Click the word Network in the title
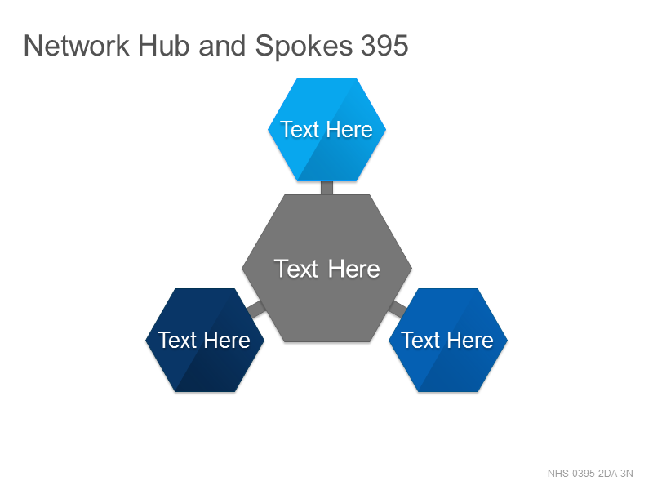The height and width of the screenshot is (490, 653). (x=77, y=46)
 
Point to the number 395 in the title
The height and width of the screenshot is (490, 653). (x=384, y=46)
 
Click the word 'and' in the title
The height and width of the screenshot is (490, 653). (x=222, y=46)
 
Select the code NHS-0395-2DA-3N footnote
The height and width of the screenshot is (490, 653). (x=590, y=474)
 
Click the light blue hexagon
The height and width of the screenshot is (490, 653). (x=327, y=129)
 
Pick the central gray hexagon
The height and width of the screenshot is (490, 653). (x=327, y=269)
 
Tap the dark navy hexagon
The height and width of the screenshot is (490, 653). (x=205, y=340)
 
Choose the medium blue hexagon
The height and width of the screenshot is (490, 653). (x=448, y=340)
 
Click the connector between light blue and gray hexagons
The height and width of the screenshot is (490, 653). (x=327, y=188)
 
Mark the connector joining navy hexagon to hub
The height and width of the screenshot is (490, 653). (x=255, y=310)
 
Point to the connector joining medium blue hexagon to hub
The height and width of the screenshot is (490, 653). (x=398, y=310)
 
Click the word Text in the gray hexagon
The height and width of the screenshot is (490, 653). (x=295, y=269)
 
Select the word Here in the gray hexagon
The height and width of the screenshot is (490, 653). (x=354, y=269)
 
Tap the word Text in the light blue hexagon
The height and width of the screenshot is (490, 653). (x=300, y=129)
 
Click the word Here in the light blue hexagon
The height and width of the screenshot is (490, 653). (x=350, y=129)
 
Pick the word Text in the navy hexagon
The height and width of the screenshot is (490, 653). (x=177, y=340)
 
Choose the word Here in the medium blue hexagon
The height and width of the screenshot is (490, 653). (x=471, y=340)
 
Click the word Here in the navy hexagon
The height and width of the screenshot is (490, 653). (x=228, y=340)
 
